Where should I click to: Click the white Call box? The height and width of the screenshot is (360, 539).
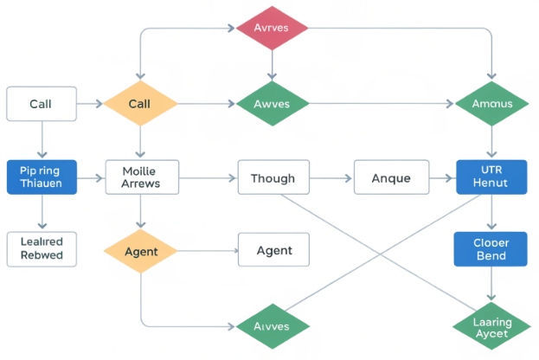coord(41,104)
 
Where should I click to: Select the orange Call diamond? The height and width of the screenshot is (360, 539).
coord(139,104)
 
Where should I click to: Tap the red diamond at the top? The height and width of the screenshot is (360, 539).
coord(273,28)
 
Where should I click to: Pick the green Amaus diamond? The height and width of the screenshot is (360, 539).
coord(491,104)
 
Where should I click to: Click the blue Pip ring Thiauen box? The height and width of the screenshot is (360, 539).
coord(41,177)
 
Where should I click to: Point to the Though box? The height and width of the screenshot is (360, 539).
coord(273,179)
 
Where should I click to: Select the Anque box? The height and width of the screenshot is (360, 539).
coord(390,179)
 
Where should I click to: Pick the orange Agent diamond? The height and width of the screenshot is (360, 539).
coord(139,251)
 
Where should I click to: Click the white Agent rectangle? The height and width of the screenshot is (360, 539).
coord(273,251)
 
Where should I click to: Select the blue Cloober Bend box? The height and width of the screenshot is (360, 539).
coord(491,249)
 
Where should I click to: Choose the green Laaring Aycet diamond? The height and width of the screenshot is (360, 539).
coord(491,327)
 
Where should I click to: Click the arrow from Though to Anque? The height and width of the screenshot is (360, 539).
coord(331,179)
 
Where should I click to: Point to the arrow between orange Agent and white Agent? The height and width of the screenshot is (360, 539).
coord(208,251)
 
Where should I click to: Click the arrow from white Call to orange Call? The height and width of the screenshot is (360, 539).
coord(89,104)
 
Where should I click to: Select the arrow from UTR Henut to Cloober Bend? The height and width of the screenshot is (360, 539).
coord(491,213)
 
